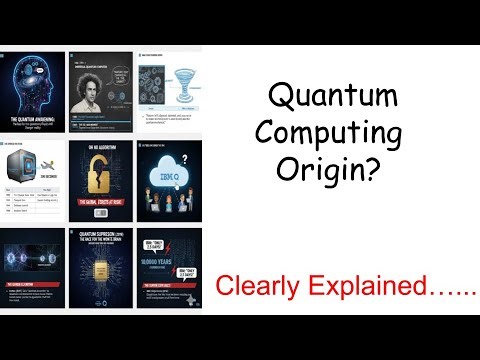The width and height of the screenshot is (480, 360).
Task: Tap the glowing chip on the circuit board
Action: (100, 279)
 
